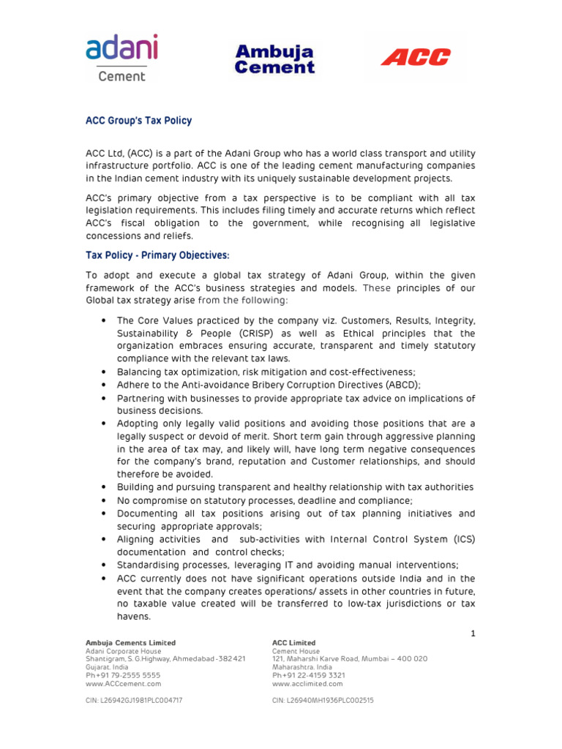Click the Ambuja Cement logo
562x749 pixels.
[x=274, y=59]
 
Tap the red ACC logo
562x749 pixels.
[x=416, y=57]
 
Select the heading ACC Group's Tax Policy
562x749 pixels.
[x=138, y=121]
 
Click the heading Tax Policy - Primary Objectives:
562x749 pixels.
[x=157, y=255]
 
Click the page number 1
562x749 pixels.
[x=473, y=633]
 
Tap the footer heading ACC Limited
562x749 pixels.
[x=293, y=643]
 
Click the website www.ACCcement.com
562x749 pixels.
[x=123, y=684]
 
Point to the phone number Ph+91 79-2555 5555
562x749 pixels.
[x=122, y=675]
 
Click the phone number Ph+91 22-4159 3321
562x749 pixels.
[x=308, y=675]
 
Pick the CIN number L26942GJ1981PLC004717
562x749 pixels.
[x=134, y=700]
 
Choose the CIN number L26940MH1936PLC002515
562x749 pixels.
[x=323, y=700]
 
